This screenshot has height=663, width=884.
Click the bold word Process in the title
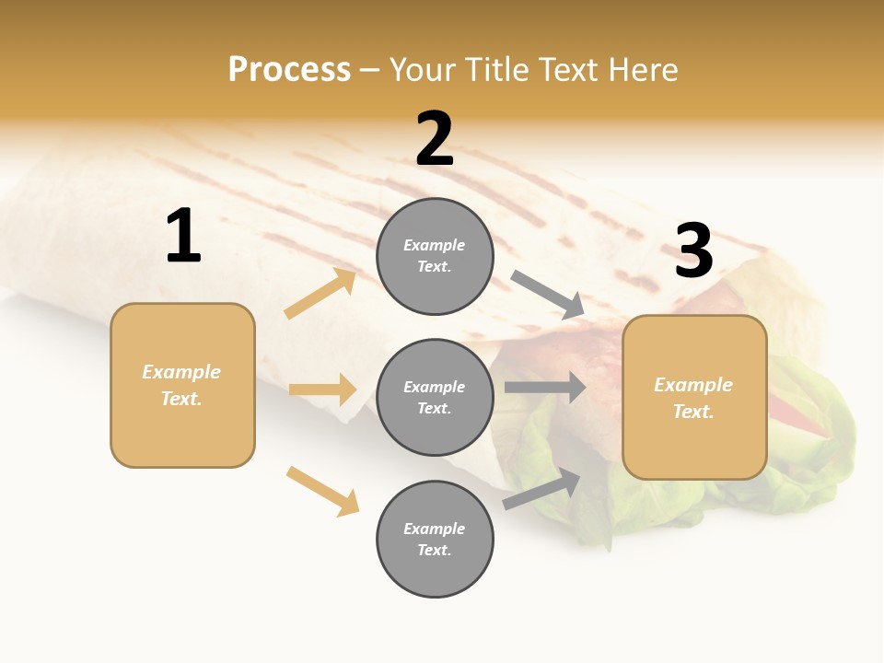click(x=289, y=69)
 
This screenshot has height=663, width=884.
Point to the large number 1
click(x=183, y=237)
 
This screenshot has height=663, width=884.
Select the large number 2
click(x=435, y=140)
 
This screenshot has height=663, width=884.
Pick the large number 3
click(x=693, y=251)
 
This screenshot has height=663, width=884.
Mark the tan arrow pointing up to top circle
click(x=320, y=294)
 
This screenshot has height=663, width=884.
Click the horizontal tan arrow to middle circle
click(x=322, y=390)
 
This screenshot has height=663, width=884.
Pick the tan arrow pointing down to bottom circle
click(x=322, y=491)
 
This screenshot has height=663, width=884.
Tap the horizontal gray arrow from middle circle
click(x=545, y=388)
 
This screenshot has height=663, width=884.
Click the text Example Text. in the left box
click(x=181, y=385)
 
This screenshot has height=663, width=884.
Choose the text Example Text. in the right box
click(x=693, y=398)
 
